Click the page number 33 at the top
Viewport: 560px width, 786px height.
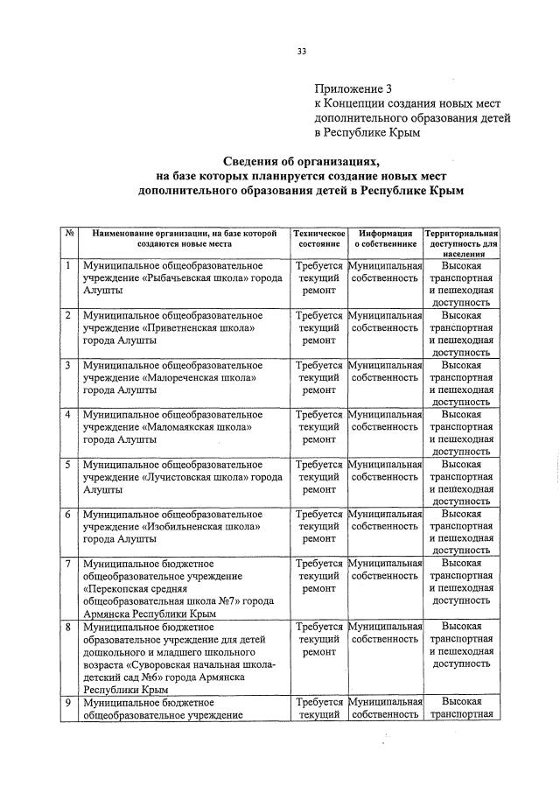(x=301, y=52)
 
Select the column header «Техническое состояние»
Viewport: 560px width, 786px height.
(x=318, y=240)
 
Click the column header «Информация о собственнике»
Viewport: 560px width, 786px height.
(x=385, y=240)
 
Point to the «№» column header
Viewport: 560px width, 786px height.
(x=68, y=234)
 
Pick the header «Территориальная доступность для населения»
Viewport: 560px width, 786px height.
(x=461, y=244)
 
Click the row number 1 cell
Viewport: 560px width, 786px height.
(x=67, y=264)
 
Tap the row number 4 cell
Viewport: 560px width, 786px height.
(x=67, y=413)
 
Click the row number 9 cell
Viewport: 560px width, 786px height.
(x=67, y=702)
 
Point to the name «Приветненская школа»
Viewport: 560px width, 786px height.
(x=199, y=327)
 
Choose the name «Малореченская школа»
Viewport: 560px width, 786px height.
(x=199, y=377)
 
